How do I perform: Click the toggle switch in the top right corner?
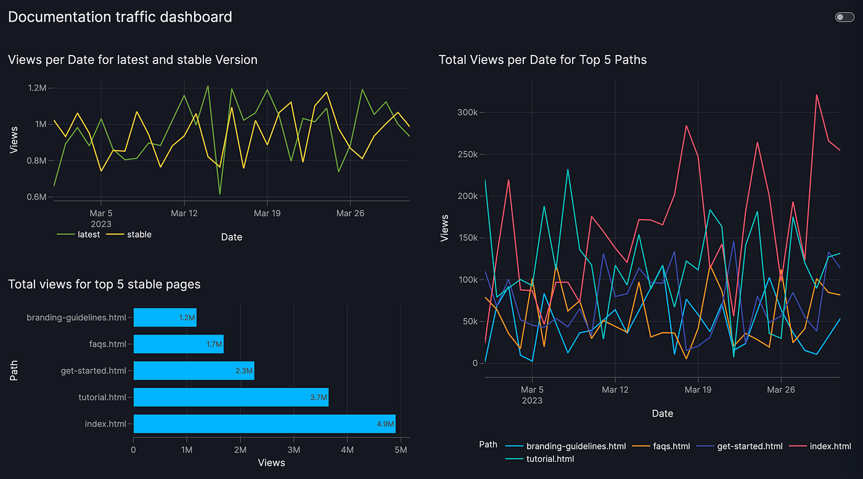844,17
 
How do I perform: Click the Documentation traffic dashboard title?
120,17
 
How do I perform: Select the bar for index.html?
264,423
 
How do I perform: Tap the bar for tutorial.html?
231,397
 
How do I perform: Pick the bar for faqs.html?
178,344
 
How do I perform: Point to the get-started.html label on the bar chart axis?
93,370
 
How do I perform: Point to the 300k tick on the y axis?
467,112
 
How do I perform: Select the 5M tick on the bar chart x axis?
401,450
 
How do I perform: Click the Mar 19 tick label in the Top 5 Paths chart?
698,389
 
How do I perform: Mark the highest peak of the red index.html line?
817,95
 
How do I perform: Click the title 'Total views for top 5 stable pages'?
104,284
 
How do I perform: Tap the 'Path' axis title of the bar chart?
15,370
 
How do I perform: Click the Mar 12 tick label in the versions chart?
184,213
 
